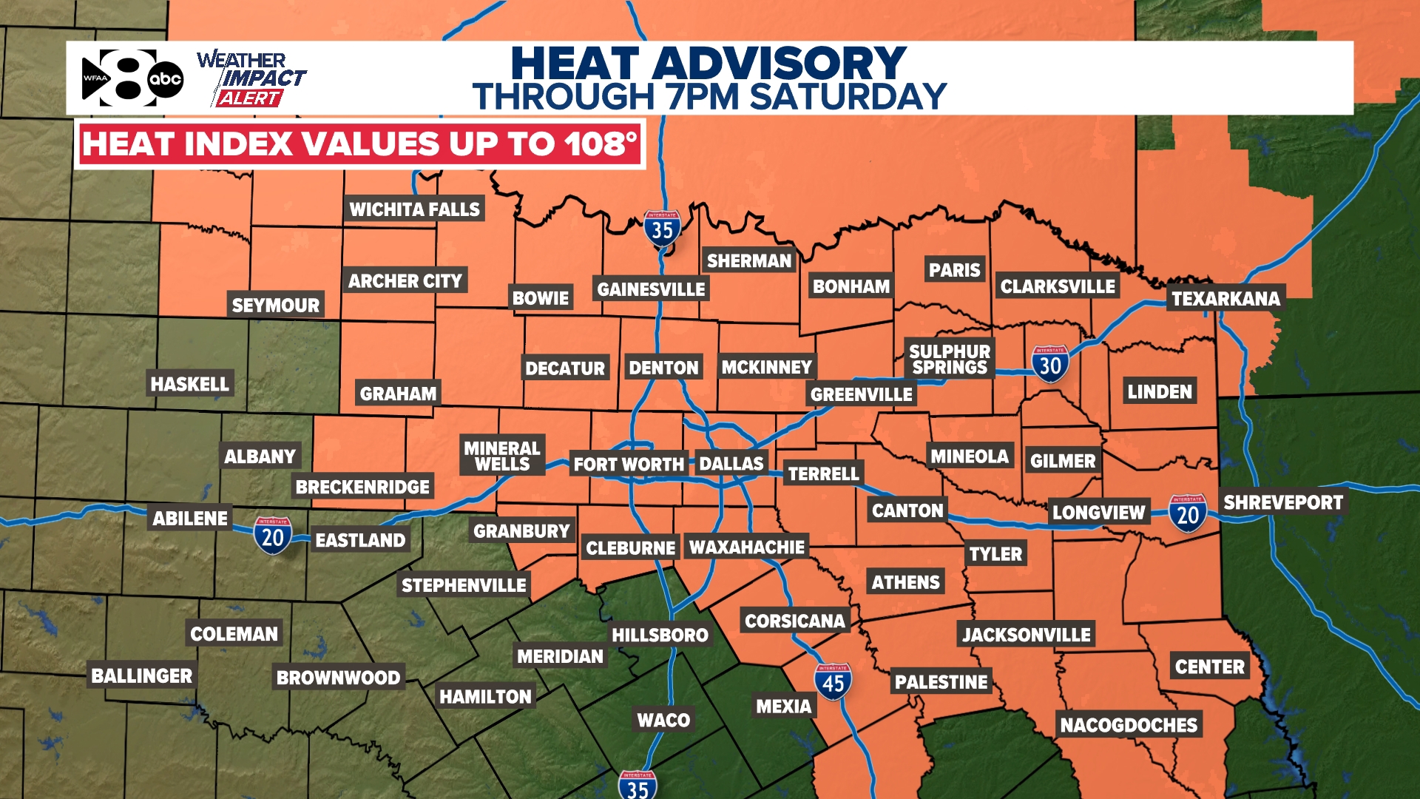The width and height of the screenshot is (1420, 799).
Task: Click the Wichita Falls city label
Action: click(x=414, y=209)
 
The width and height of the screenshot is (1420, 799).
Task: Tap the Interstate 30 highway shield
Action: click(x=1050, y=364)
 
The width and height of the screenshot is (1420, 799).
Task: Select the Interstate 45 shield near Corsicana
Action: click(x=833, y=682)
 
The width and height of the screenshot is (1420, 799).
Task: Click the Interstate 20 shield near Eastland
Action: click(x=272, y=536)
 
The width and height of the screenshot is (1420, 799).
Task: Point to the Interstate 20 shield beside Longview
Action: click(x=1188, y=513)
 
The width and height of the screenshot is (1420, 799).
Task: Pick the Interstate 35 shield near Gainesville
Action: click(x=662, y=229)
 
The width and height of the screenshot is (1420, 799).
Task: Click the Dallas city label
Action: click(x=731, y=464)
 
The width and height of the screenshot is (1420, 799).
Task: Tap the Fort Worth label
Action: click(x=629, y=465)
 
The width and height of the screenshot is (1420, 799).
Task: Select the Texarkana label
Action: click(x=1225, y=299)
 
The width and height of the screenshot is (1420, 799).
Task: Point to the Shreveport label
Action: click(x=1282, y=503)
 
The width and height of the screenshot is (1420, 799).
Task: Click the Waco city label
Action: click(x=663, y=720)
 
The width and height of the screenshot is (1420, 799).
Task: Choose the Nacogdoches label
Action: click(x=1129, y=725)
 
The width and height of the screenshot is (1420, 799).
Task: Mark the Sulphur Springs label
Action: click(x=950, y=360)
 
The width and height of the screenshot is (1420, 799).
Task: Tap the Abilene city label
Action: click(x=190, y=519)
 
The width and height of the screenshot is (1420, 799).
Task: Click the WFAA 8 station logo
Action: click(x=132, y=78)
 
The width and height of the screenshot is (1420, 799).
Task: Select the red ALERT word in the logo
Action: click(x=249, y=98)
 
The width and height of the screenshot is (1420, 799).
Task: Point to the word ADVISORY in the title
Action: click(x=779, y=64)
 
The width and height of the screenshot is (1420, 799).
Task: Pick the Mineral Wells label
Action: click(x=502, y=456)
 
